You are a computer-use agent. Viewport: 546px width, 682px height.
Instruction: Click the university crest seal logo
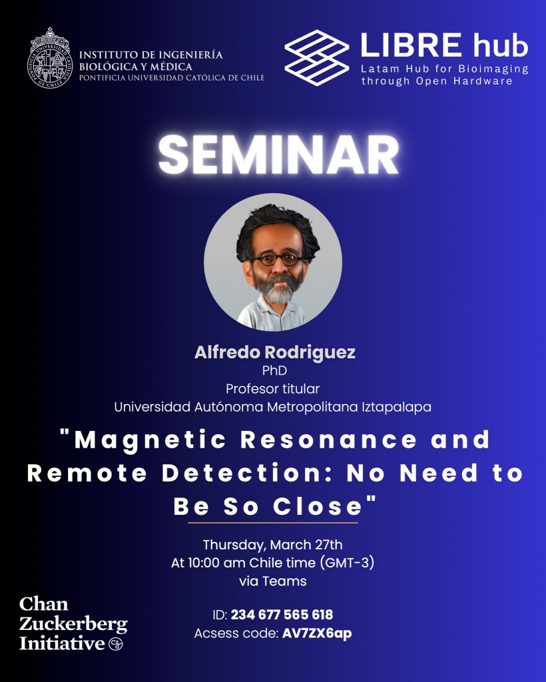(49, 58)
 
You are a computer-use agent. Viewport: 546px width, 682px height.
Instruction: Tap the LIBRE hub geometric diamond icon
(317, 57)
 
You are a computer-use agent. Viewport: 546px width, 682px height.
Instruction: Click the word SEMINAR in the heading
(278, 155)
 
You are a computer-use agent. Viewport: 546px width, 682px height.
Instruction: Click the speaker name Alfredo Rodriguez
(275, 352)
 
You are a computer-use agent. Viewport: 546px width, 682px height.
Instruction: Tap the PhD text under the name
(274, 370)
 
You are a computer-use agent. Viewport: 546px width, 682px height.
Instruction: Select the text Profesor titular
(272, 388)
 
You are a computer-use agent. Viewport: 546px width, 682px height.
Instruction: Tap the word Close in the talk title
(318, 506)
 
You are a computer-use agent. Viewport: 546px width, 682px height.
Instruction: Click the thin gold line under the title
(273, 522)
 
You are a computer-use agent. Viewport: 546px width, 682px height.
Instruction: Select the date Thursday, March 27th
(272, 545)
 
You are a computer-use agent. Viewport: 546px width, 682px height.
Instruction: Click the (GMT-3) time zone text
(347, 563)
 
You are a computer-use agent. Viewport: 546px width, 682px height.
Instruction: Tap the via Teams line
(272, 581)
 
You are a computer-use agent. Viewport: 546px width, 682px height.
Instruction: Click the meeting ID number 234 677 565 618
(282, 615)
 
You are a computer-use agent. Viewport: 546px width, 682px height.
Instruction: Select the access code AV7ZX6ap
(317, 633)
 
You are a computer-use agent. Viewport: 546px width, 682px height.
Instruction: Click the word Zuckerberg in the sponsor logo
(73, 624)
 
